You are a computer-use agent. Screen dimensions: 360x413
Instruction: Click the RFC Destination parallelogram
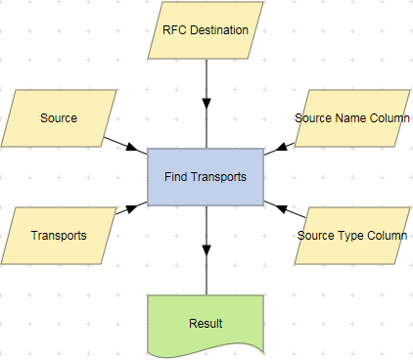[206, 29]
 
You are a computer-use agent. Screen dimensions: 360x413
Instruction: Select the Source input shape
[59, 118]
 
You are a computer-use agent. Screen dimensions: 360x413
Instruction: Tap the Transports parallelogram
[59, 236]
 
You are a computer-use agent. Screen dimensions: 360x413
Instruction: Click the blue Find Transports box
[206, 177]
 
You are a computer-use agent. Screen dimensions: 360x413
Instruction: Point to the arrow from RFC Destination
[206, 88]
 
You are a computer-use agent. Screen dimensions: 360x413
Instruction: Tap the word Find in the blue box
[175, 177]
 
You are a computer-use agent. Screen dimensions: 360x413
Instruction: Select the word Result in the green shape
[206, 323]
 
